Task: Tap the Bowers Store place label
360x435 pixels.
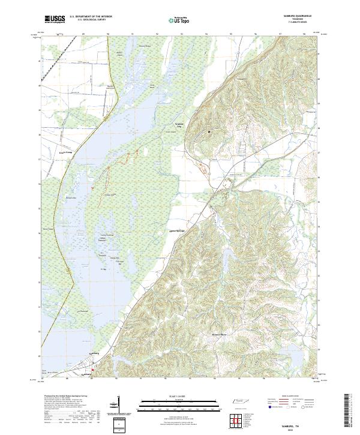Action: click(x=220, y=334)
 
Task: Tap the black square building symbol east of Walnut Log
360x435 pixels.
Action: click(x=209, y=131)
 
